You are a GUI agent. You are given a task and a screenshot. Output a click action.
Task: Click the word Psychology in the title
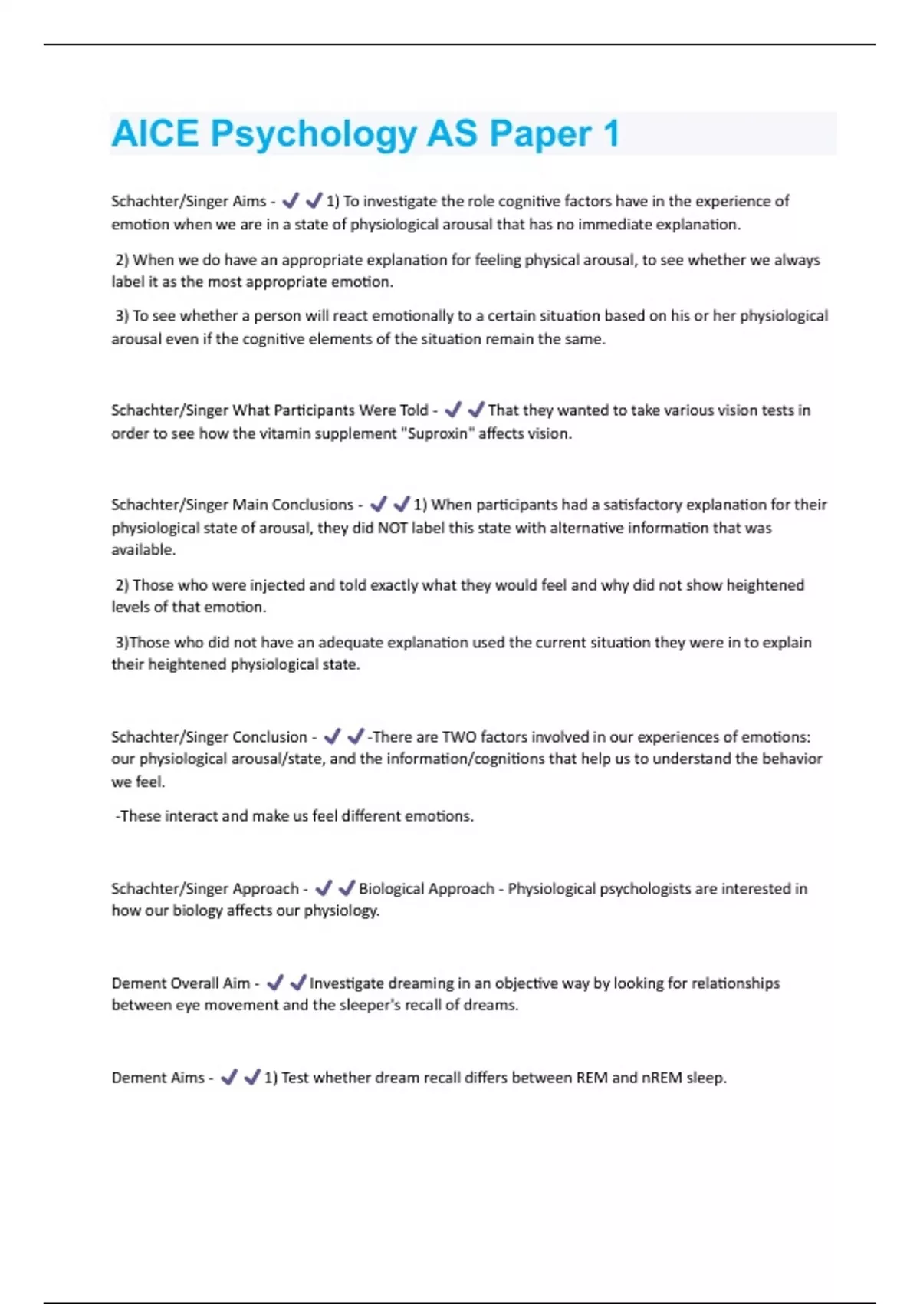pyautogui.click(x=314, y=133)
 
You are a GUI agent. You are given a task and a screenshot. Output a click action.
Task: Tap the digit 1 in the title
pyautogui.click(x=611, y=133)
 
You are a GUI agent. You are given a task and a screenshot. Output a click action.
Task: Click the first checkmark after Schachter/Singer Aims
pyautogui.click(x=290, y=201)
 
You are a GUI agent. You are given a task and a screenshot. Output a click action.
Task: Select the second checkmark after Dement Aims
pyautogui.click(x=251, y=1078)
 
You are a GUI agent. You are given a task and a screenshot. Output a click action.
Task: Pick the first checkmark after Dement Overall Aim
pyautogui.click(x=274, y=983)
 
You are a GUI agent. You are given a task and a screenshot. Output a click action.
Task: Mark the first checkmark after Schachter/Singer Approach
pyautogui.click(x=323, y=888)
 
